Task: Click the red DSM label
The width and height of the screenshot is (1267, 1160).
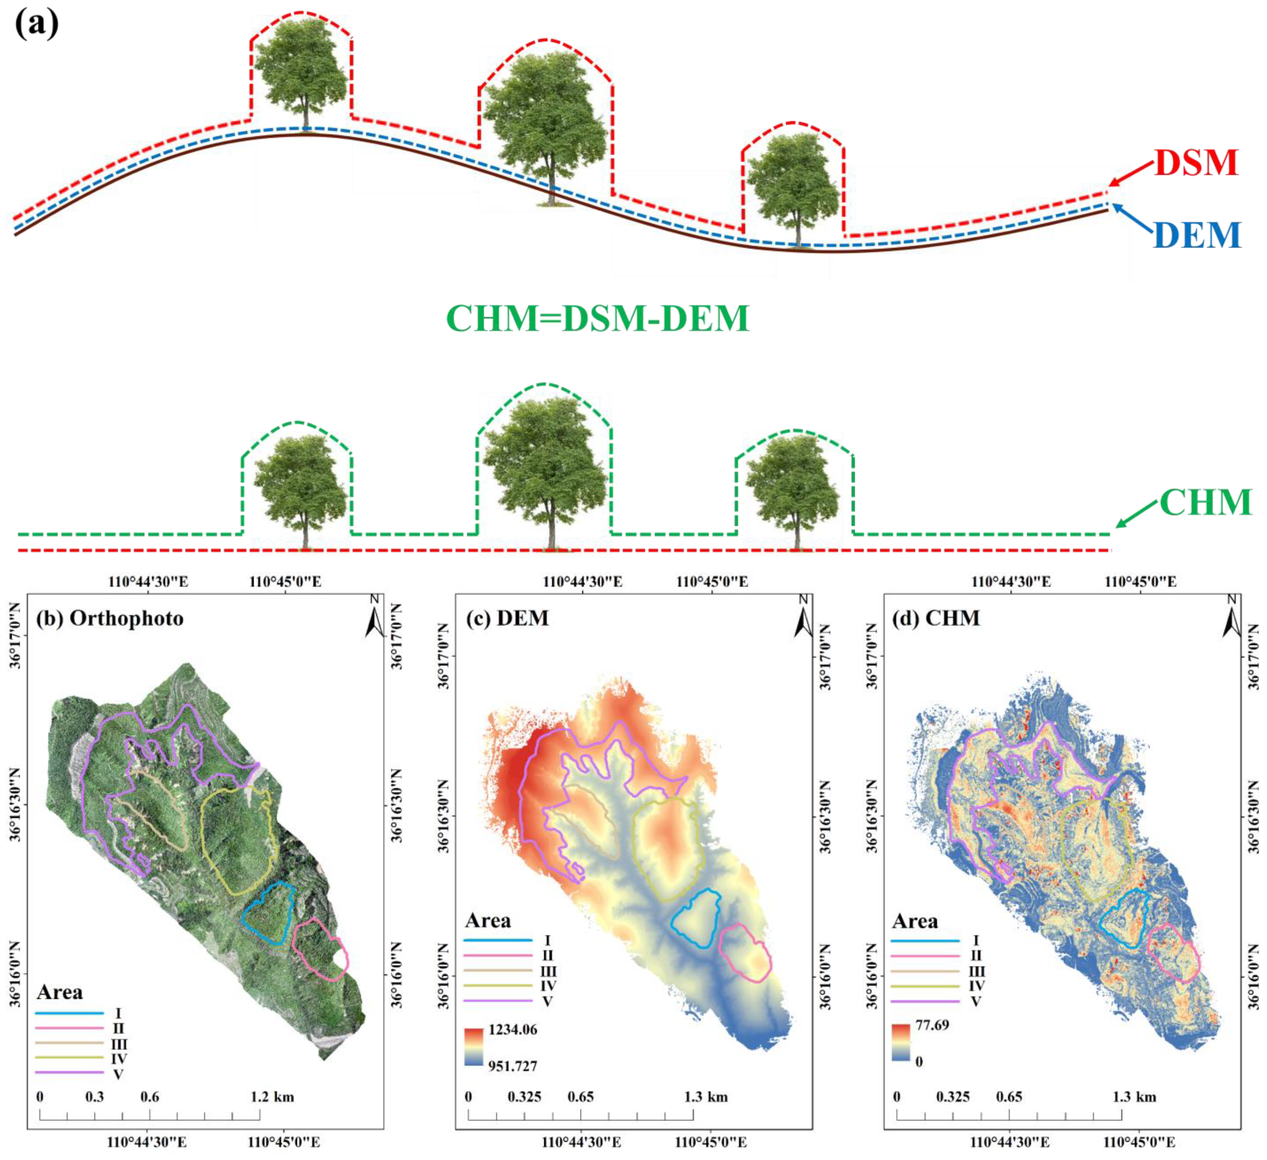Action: tap(1196, 163)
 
